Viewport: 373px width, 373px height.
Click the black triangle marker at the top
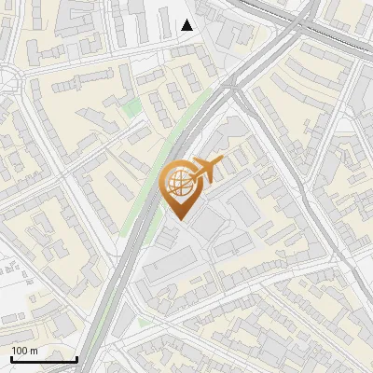[187, 25]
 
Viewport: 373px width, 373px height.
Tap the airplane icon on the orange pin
[208, 169]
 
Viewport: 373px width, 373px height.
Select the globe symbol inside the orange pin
[177, 184]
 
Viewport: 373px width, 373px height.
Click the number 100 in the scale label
[21, 351]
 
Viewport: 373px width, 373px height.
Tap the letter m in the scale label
[35, 351]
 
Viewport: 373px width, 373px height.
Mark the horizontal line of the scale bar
[44, 359]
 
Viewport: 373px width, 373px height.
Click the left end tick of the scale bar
[11, 356]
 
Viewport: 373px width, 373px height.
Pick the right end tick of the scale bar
[76, 356]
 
